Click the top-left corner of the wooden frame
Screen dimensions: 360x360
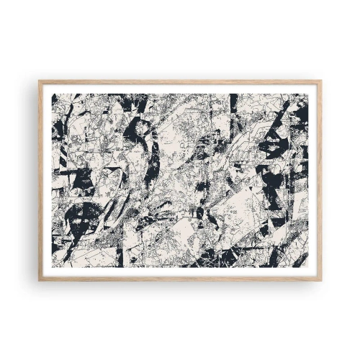coord(39,80)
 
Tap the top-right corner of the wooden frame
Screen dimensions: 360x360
coord(321,80)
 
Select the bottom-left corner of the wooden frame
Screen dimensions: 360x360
coord(39,280)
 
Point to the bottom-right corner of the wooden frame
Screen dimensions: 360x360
coord(321,280)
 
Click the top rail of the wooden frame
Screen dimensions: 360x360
coord(180,82)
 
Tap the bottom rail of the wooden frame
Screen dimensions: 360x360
coord(180,278)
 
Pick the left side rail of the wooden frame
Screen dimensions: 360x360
coord(41,180)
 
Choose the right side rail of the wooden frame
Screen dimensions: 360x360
coord(319,180)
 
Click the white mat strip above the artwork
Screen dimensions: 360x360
coord(180,89)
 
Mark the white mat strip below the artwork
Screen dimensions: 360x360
coord(180,271)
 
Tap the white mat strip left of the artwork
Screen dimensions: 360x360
coord(48,180)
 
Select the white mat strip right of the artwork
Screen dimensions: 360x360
coord(312,180)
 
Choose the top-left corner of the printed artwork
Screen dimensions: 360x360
coord(52,94)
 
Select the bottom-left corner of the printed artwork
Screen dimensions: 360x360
coord(52,266)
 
